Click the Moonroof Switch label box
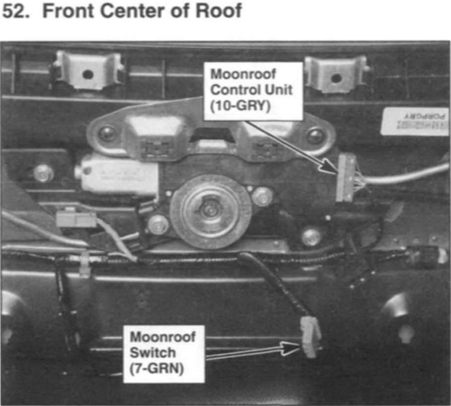[x=163, y=353]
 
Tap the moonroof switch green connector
[x=310, y=337]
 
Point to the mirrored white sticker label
[x=414, y=122]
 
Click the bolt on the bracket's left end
[x=106, y=133]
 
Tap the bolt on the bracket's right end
[x=316, y=136]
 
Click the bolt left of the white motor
[x=43, y=172]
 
